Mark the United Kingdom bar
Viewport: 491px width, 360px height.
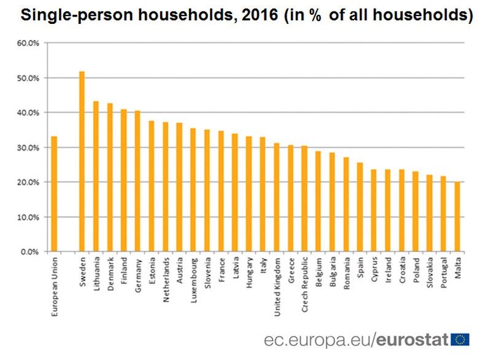277,197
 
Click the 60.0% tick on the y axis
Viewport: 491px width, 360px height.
29,44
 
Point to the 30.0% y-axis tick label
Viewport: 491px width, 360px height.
29,148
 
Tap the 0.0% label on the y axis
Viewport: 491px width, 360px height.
31,252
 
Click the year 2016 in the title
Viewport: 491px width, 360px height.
260,17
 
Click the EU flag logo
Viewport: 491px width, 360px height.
460,340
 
